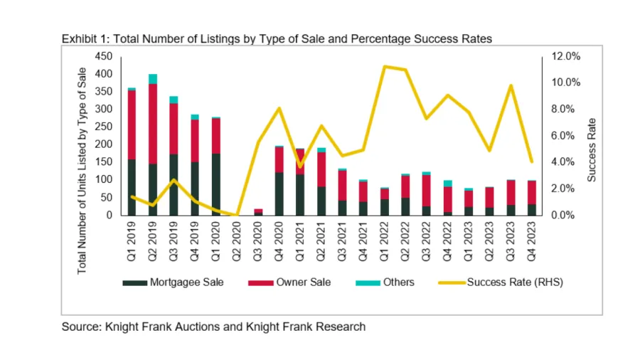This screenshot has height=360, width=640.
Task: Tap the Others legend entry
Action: pyautogui.click(x=398, y=282)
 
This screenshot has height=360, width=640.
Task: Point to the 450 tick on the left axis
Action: pyautogui.click(x=103, y=56)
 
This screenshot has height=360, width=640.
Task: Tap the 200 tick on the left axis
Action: pyautogui.click(x=103, y=144)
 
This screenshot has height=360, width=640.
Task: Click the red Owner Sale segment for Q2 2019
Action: pyautogui.click(x=152, y=124)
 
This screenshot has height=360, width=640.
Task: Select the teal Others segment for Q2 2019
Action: pyautogui.click(x=152, y=78)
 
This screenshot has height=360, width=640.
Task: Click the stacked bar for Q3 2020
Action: pyautogui.click(x=258, y=211)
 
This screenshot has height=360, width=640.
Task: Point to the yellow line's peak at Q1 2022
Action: pyautogui.click(x=384, y=67)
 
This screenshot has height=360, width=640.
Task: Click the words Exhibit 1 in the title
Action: pyautogui.click(x=85, y=38)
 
